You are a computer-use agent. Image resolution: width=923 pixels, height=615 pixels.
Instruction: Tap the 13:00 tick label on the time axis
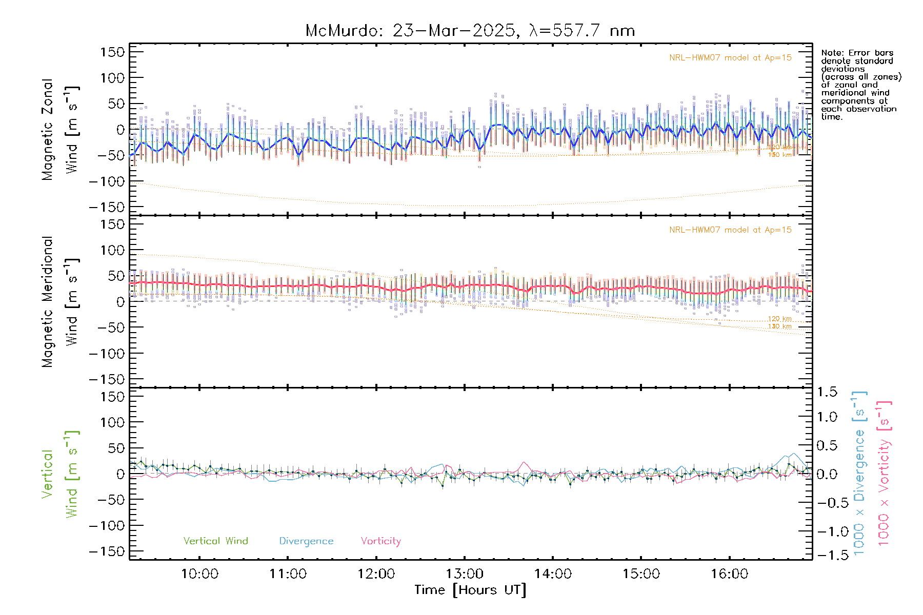465,574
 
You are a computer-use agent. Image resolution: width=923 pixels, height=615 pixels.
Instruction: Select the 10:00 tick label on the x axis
199,574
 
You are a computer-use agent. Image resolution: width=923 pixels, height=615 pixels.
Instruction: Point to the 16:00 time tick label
729,574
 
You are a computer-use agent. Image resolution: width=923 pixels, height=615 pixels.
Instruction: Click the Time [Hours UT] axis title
470,590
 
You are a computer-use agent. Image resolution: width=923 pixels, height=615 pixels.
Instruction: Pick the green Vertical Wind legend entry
215,541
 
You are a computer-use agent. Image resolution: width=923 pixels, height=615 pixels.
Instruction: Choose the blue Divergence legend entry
306,541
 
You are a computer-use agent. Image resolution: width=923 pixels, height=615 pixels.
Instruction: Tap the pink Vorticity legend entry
380,541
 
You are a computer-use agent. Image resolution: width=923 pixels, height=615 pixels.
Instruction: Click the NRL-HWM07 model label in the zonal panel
730,58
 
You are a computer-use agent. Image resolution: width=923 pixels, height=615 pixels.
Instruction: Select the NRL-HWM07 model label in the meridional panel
730,230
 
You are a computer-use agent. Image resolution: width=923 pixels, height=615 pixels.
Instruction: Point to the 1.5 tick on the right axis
827,392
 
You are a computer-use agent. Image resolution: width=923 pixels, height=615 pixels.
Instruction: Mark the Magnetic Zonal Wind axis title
59,130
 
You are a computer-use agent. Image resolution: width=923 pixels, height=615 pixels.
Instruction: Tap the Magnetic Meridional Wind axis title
59,302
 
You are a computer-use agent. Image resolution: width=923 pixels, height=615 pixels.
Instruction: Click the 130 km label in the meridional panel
779,326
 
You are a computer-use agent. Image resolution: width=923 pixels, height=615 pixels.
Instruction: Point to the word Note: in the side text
832,53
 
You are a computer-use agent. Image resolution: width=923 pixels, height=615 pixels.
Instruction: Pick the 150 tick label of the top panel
113,52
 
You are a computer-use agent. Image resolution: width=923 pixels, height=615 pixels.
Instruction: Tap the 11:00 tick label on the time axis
288,574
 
